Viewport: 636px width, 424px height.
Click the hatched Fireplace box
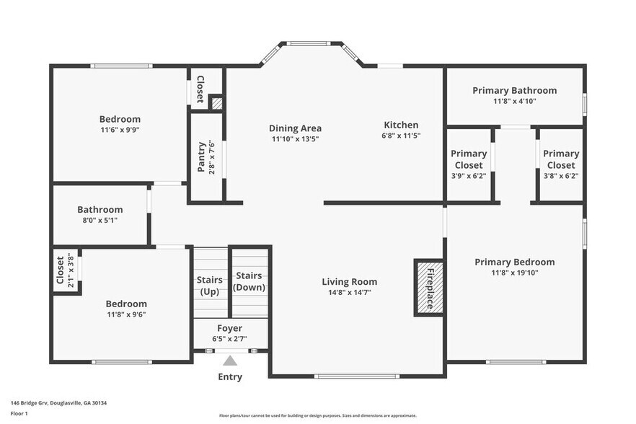click(430, 288)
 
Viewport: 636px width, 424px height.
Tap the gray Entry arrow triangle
click(230, 361)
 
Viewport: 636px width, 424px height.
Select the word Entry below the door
click(230, 377)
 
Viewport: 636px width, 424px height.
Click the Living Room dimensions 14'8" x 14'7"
click(350, 293)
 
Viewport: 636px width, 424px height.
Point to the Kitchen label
click(401, 125)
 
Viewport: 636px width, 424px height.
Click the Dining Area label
click(296, 128)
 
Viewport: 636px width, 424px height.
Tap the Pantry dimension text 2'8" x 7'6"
click(212, 157)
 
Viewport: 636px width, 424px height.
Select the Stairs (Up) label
click(210, 286)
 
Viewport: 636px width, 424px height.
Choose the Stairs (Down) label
click(249, 281)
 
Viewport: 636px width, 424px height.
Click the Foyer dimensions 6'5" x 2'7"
click(229, 339)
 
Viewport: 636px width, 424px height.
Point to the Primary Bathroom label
click(515, 90)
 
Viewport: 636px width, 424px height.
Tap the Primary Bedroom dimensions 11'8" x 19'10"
click(515, 273)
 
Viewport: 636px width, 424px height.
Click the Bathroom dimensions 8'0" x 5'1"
click(100, 221)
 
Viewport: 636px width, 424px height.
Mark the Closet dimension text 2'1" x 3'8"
click(71, 270)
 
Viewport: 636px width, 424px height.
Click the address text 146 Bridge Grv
click(30, 403)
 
